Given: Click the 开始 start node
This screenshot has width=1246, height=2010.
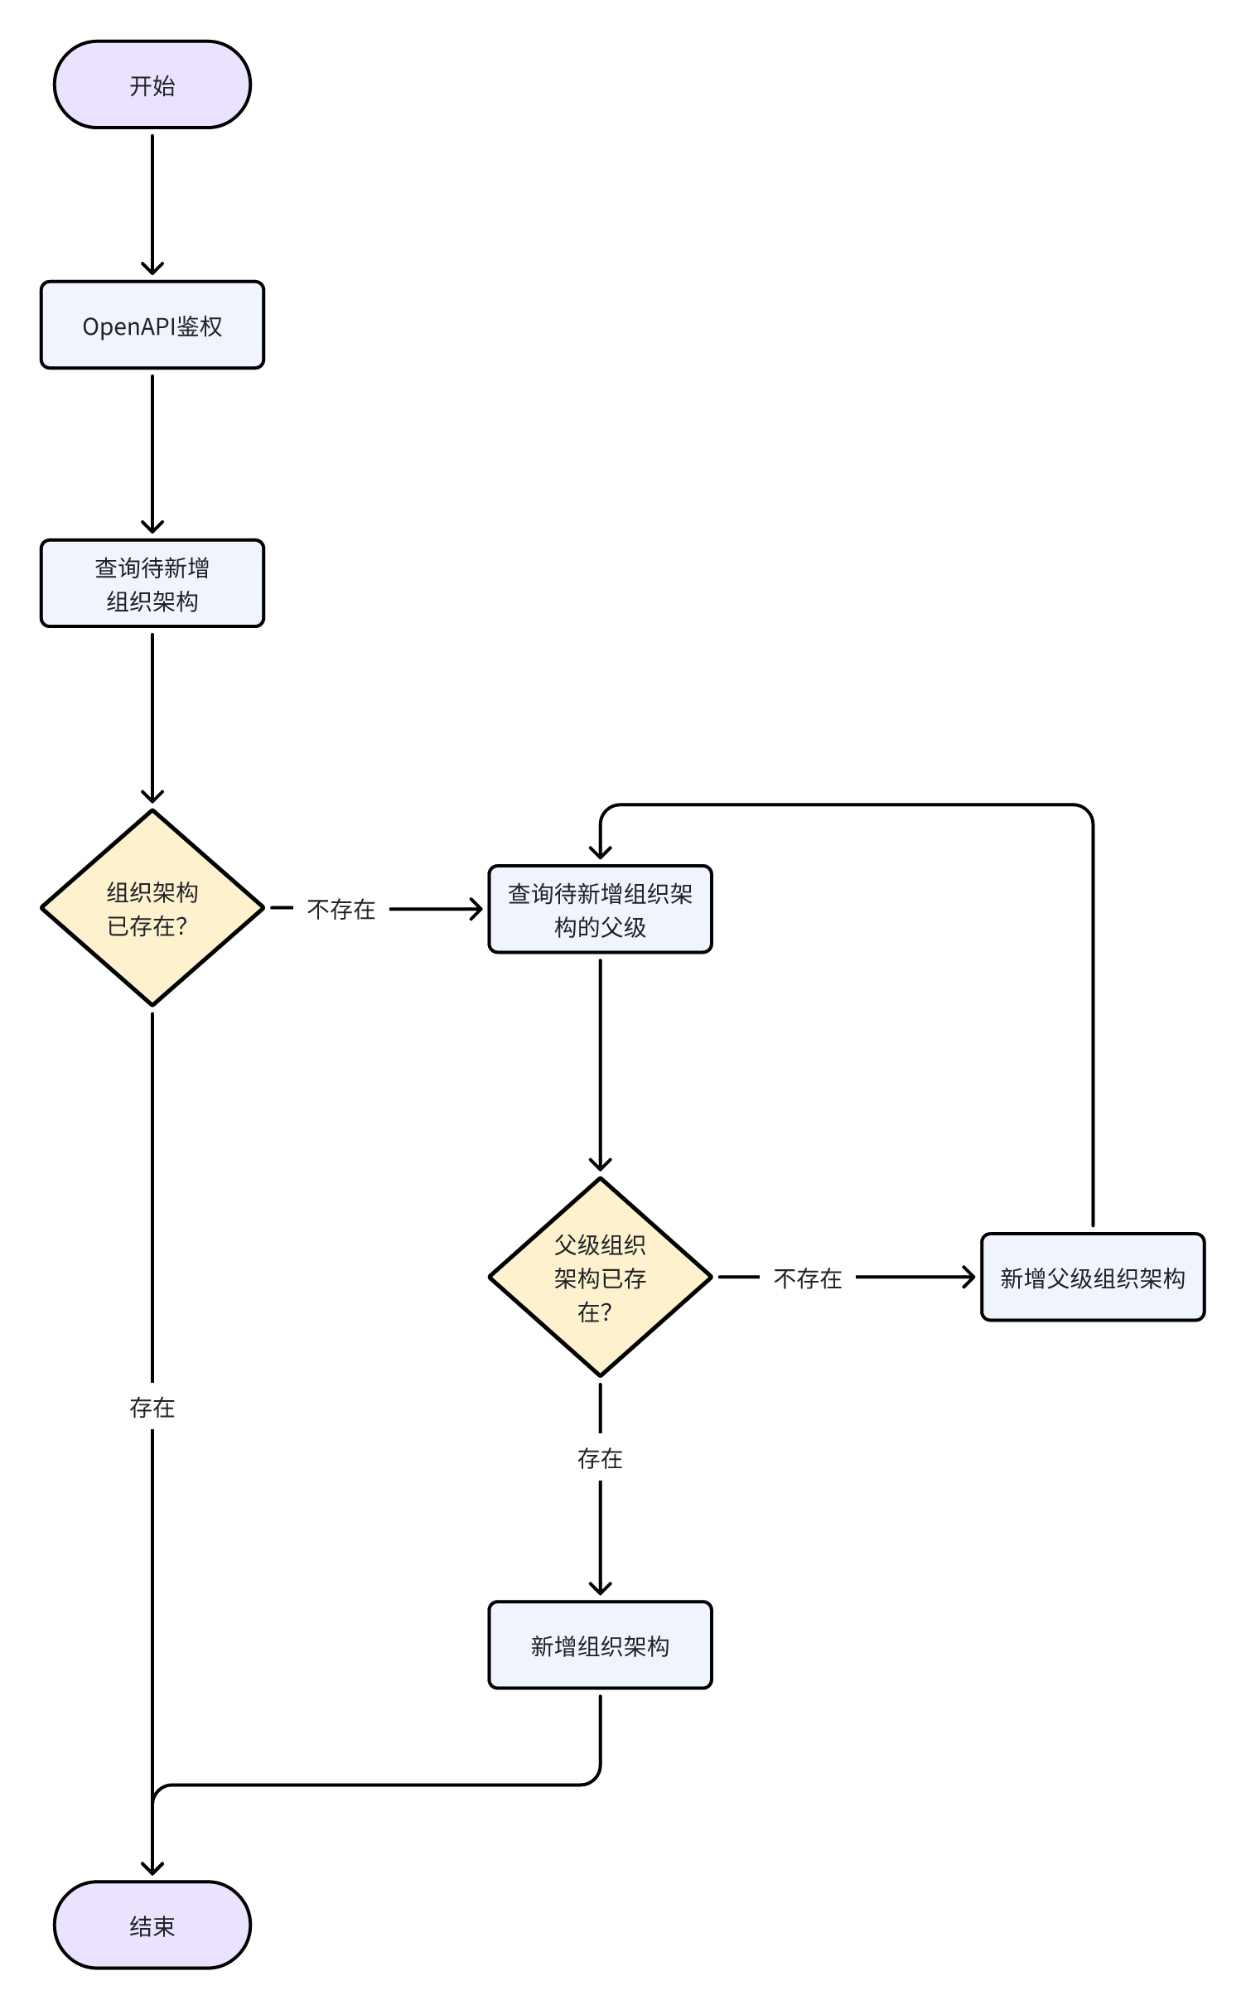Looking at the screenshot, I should coord(152,85).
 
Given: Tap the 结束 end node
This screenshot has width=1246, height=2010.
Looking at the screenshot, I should coord(152,1925).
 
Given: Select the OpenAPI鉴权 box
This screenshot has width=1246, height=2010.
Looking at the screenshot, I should coord(152,325).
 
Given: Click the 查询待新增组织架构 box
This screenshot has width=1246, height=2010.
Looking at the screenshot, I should coord(152,583).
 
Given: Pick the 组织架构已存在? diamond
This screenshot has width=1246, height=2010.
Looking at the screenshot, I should coord(152,908).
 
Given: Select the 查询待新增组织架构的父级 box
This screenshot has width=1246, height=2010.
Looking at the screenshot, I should coord(600,909).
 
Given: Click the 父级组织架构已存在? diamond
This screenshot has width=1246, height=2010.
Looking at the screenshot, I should coord(600,1277).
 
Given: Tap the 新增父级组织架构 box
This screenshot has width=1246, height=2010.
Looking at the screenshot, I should coord(1092,1277).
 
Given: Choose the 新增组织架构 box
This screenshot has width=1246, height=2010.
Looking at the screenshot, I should coord(600,1645).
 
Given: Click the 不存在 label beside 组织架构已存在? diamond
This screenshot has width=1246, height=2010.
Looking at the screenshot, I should coord(341,909).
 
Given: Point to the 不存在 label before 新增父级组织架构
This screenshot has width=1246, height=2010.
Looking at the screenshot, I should coord(808,1278).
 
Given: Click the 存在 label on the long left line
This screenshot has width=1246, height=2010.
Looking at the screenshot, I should coord(152,1407).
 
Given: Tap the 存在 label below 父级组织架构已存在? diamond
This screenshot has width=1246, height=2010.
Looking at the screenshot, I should coord(600,1458).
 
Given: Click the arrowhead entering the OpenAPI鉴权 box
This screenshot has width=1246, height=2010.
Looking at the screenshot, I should coord(152,268).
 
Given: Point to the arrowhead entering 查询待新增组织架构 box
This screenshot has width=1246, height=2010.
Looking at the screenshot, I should coord(152,527).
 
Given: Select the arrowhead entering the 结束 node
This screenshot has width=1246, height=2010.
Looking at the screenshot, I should coord(152,1867).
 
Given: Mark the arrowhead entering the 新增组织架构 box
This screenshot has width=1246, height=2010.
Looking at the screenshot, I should coord(600,1587).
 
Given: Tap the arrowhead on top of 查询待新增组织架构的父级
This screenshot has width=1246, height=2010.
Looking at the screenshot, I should coord(600,852).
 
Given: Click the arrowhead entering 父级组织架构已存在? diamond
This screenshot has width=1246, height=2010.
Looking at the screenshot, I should coord(600,1163).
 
